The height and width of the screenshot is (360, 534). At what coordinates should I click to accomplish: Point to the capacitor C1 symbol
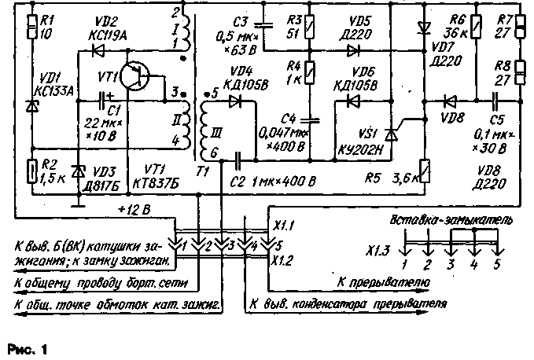coord(105,100)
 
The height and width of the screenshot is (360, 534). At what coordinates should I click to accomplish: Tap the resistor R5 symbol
coord(425,169)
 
